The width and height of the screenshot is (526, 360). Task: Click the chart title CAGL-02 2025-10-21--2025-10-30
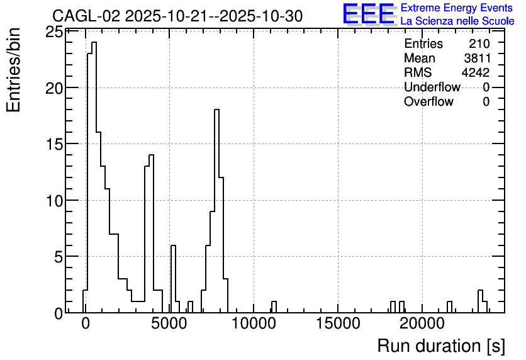177,16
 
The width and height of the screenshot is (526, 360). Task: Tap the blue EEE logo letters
369,14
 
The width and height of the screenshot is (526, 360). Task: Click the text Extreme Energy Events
457,8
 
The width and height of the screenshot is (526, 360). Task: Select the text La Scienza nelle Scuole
457,21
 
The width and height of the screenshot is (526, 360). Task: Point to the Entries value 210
479,43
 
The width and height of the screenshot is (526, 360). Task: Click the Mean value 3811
478,58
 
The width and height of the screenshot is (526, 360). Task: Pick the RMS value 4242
476,72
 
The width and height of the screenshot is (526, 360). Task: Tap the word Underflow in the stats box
432,87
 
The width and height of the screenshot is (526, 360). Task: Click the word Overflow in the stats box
428,101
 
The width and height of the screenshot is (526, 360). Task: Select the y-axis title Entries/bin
14,70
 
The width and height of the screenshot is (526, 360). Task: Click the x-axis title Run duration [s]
441,346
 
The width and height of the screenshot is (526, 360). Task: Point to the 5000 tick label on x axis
169,323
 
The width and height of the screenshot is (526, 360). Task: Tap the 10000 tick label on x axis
254,323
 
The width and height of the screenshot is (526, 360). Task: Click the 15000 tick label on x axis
338,323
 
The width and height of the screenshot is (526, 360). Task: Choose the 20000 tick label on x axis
422,323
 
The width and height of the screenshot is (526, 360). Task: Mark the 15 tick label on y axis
54,145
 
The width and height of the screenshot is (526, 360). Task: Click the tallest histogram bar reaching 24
94,177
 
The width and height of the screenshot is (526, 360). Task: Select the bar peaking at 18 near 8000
216,211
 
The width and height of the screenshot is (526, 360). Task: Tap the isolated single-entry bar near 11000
274,307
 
